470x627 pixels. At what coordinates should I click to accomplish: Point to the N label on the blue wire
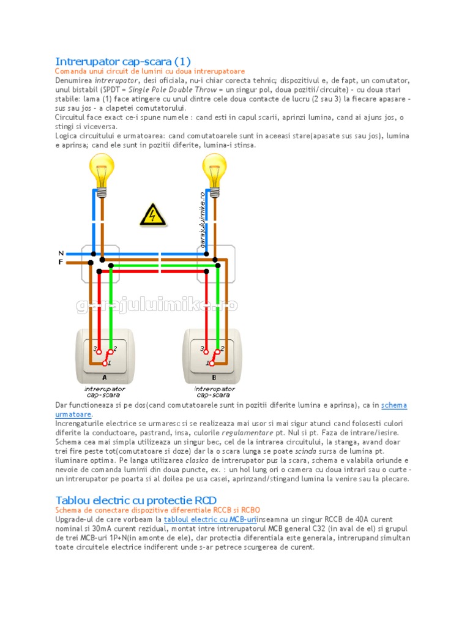tap(61, 253)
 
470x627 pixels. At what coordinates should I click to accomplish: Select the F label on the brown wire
tap(61, 262)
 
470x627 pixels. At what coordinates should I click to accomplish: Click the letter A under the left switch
tap(104, 378)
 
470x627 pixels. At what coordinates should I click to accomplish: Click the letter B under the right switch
tap(214, 378)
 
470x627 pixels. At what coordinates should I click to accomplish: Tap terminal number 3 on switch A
tap(96, 349)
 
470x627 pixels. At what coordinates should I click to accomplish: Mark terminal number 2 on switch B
tap(222, 348)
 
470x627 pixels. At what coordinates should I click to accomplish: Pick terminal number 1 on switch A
tap(110, 363)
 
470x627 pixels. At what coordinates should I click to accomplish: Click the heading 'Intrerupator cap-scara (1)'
tap(123, 61)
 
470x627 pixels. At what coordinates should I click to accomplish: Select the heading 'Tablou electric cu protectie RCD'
tap(136, 500)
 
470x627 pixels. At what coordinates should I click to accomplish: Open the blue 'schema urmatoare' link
tap(394, 405)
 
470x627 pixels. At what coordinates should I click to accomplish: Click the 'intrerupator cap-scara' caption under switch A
tap(104, 392)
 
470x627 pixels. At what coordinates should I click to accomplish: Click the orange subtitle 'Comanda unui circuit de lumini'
tap(150, 72)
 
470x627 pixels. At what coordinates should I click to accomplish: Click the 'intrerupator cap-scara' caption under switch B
tap(214, 392)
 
